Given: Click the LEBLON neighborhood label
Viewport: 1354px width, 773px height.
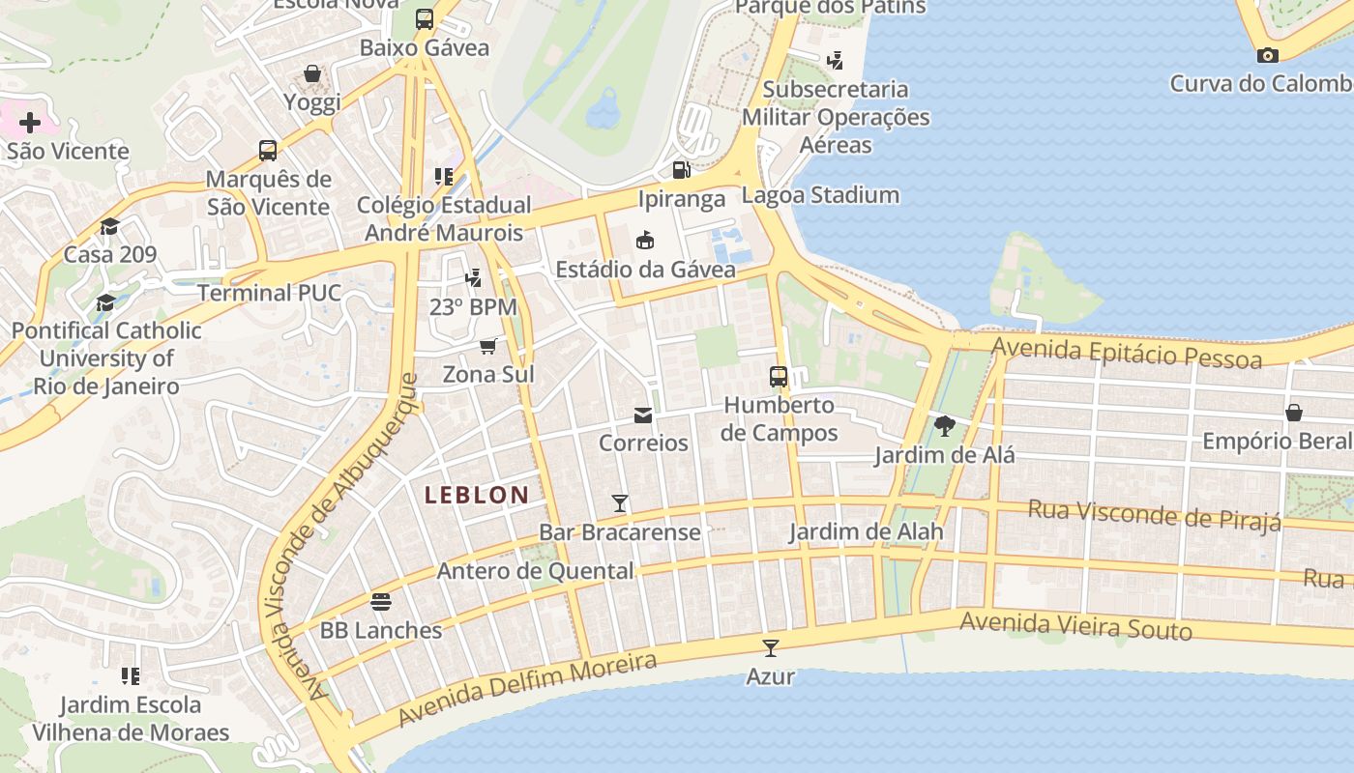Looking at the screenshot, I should pyautogui.click(x=477, y=496).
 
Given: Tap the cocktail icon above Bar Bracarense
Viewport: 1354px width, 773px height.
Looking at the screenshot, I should pyautogui.click(x=620, y=503).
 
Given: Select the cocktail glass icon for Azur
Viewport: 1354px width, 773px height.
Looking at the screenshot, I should pyautogui.click(x=771, y=648).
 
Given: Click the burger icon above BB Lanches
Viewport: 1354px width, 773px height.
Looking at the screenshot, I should pyautogui.click(x=381, y=602).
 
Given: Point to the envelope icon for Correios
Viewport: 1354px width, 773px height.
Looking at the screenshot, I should pyautogui.click(x=643, y=415).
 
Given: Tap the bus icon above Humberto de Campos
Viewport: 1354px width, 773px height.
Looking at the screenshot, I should pyautogui.click(x=779, y=377).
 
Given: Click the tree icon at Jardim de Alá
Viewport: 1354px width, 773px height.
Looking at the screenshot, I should pyautogui.click(x=945, y=426).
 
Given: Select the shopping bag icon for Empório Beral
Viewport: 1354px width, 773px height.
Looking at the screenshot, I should pyautogui.click(x=1294, y=413).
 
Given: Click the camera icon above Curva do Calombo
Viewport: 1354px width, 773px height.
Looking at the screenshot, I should pyautogui.click(x=1268, y=55).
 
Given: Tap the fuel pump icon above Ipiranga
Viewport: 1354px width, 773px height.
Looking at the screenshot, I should pyautogui.click(x=681, y=170).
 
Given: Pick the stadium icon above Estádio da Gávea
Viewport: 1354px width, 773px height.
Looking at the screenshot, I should pyautogui.click(x=645, y=241).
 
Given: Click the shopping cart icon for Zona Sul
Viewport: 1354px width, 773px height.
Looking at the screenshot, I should pyautogui.click(x=488, y=346).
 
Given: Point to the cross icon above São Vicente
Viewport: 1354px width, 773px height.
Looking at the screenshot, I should pyautogui.click(x=30, y=123).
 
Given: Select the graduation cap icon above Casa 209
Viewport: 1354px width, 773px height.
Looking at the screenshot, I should pyautogui.click(x=109, y=227).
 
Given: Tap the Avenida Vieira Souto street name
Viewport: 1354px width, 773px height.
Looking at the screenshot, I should pyautogui.click(x=1075, y=626).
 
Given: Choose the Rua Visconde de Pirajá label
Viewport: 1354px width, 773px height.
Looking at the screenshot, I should pyautogui.click(x=1154, y=515).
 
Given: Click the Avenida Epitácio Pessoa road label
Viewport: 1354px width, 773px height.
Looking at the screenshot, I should pyautogui.click(x=1127, y=353).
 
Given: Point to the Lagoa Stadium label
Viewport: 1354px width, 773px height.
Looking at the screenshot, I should pyautogui.click(x=820, y=195).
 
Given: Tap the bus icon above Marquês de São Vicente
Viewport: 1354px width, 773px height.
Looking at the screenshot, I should pyautogui.click(x=268, y=151).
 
